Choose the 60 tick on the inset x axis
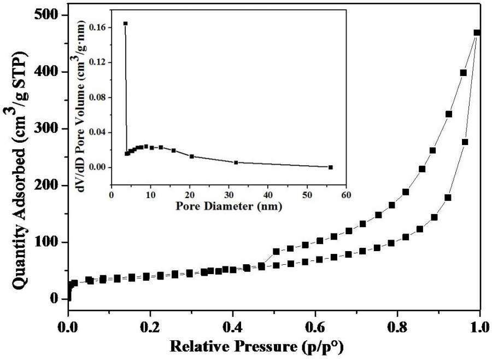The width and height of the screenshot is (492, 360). pos(346,195)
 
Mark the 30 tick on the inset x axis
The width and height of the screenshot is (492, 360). pos(229,195)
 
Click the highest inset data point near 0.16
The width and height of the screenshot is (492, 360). pos(125,24)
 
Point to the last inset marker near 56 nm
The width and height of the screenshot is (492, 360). pos(331,167)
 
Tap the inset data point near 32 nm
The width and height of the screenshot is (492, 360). pos(236,162)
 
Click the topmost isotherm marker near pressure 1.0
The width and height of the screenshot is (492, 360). pos(477,33)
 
